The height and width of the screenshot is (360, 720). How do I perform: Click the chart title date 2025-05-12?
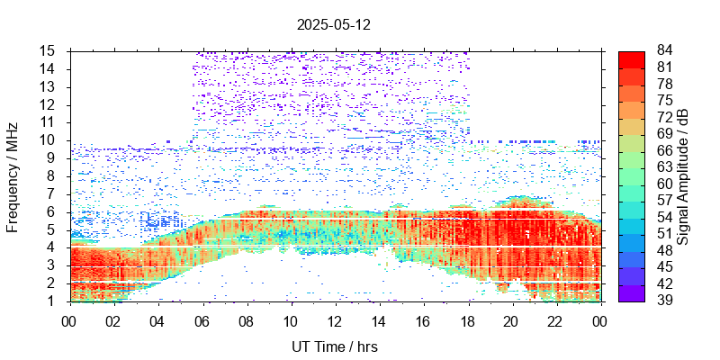point(333,25)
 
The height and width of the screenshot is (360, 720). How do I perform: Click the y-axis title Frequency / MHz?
point(13,176)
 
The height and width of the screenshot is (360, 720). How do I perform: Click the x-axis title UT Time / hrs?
point(334,346)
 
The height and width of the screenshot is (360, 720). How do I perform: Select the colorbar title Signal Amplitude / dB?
point(683,176)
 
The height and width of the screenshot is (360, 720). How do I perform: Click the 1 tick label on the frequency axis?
point(54,301)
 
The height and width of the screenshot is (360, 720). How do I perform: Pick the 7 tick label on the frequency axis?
point(54,193)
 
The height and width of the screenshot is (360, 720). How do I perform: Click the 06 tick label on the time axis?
point(202,320)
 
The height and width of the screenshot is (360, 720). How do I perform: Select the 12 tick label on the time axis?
point(334,320)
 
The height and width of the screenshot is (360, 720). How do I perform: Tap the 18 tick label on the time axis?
point(467,320)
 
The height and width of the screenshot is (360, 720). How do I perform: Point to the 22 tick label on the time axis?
point(555,320)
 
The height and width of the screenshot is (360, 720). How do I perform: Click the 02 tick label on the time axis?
point(113,320)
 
